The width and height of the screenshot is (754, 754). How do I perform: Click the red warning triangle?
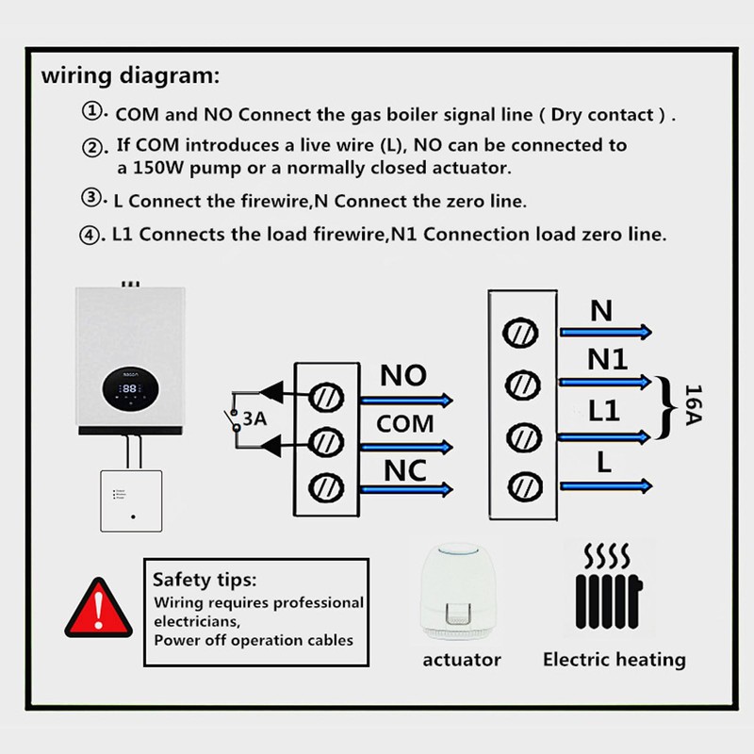99,609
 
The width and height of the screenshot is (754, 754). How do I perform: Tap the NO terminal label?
403,375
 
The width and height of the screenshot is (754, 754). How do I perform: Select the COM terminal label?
405,424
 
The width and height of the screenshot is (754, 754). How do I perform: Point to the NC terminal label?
405,470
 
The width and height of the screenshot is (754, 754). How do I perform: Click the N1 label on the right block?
607,359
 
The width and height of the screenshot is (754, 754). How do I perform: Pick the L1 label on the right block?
604,411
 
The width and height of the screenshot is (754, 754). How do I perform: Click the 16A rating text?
693,405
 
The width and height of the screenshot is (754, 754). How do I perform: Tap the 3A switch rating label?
254,418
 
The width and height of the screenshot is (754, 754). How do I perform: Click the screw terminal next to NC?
326,487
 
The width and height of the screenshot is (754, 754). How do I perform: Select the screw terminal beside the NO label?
326,398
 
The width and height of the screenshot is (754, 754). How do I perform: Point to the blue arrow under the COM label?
406,447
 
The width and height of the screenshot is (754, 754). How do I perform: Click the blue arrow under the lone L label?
606,486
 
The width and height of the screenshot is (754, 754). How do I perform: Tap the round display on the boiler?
130,388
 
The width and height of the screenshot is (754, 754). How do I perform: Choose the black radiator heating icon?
608,586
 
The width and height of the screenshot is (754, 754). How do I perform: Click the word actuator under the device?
462,660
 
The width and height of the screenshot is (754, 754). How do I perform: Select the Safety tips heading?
205,580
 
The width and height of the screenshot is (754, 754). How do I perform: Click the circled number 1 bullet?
91,111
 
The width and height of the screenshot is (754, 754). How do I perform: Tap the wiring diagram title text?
130,76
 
